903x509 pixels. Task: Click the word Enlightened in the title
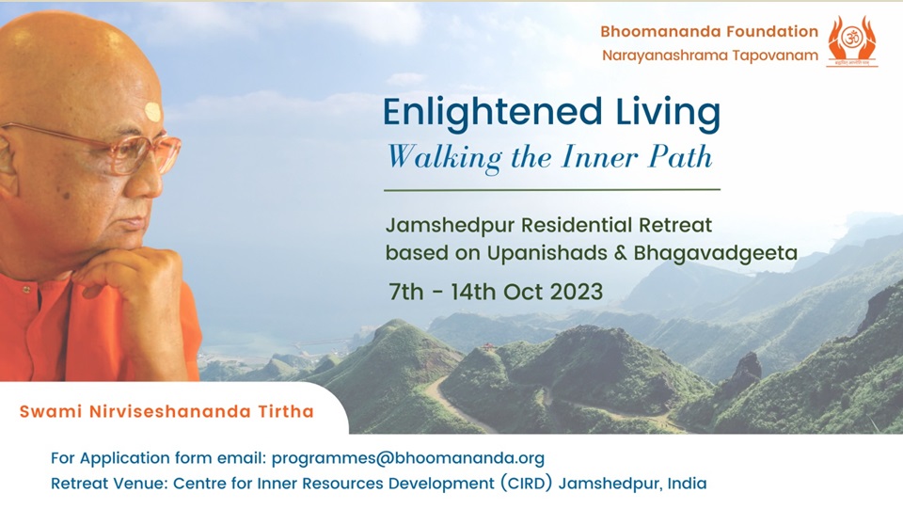pyautogui.click(x=492, y=113)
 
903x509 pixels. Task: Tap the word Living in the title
pyautogui.click(x=668, y=113)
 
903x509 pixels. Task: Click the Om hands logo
pyautogui.click(x=852, y=40)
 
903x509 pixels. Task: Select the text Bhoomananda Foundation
pyautogui.click(x=709, y=32)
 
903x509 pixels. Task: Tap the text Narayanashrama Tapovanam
pyautogui.click(x=710, y=56)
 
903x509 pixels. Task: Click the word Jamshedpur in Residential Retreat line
pyautogui.click(x=450, y=225)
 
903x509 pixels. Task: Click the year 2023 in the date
pyautogui.click(x=576, y=292)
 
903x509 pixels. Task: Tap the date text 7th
pyautogui.click(x=406, y=292)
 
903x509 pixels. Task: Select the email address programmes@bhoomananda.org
pyautogui.click(x=407, y=459)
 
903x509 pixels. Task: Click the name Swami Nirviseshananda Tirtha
pyautogui.click(x=166, y=412)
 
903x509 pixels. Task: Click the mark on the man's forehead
pyautogui.click(x=153, y=112)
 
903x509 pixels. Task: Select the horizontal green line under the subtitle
pyautogui.click(x=552, y=189)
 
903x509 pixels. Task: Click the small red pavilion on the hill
pyautogui.click(x=488, y=346)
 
